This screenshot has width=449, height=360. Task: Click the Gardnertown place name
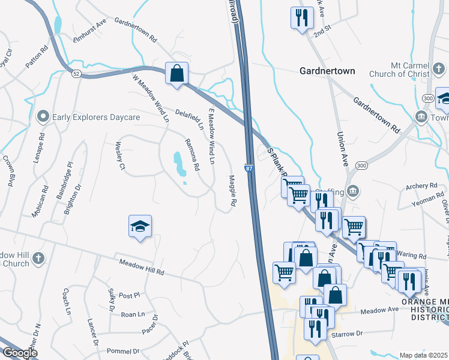327,71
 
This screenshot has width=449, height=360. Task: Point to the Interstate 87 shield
248,170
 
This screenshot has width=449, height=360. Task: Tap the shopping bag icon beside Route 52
176,74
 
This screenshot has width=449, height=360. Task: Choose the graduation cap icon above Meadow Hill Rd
140,227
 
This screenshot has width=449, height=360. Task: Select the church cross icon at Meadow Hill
38,259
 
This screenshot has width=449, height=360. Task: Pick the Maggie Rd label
232,191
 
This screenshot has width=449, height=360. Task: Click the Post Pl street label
129,295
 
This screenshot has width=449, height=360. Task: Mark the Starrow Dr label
347,332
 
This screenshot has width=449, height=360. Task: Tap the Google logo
20,353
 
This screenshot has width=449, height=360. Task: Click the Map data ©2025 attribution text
423,355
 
